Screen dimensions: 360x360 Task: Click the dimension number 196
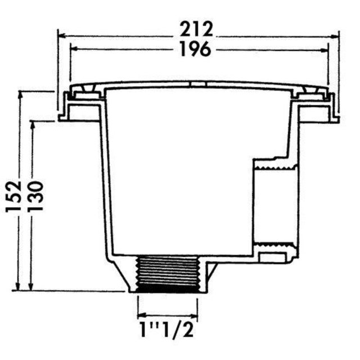197,49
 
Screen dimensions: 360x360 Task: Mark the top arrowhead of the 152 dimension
20,92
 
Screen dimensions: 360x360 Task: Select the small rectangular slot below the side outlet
274,258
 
